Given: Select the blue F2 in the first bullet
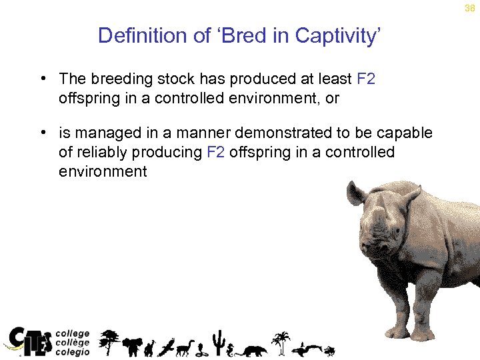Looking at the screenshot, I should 366,79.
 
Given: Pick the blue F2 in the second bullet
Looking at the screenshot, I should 215,152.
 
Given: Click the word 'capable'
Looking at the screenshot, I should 407,133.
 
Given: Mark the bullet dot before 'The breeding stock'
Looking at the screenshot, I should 43,79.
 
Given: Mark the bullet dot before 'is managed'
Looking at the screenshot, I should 43,133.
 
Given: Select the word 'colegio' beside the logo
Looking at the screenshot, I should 72,352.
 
